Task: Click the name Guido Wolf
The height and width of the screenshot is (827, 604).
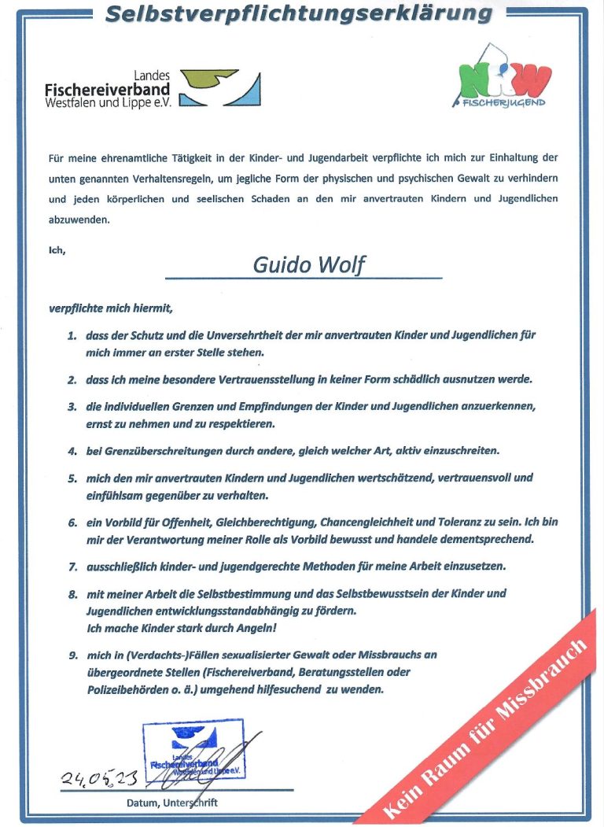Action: tap(308, 265)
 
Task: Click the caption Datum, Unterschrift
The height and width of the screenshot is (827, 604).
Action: tap(171, 803)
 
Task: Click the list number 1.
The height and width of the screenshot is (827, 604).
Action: tap(72, 335)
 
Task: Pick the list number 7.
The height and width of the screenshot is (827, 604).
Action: tap(72, 567)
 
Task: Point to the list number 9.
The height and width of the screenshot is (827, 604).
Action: tap(72, 655)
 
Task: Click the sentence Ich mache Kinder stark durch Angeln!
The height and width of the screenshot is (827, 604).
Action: tap(182, 628)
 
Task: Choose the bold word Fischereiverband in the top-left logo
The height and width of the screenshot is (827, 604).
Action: tap(107, 90)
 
